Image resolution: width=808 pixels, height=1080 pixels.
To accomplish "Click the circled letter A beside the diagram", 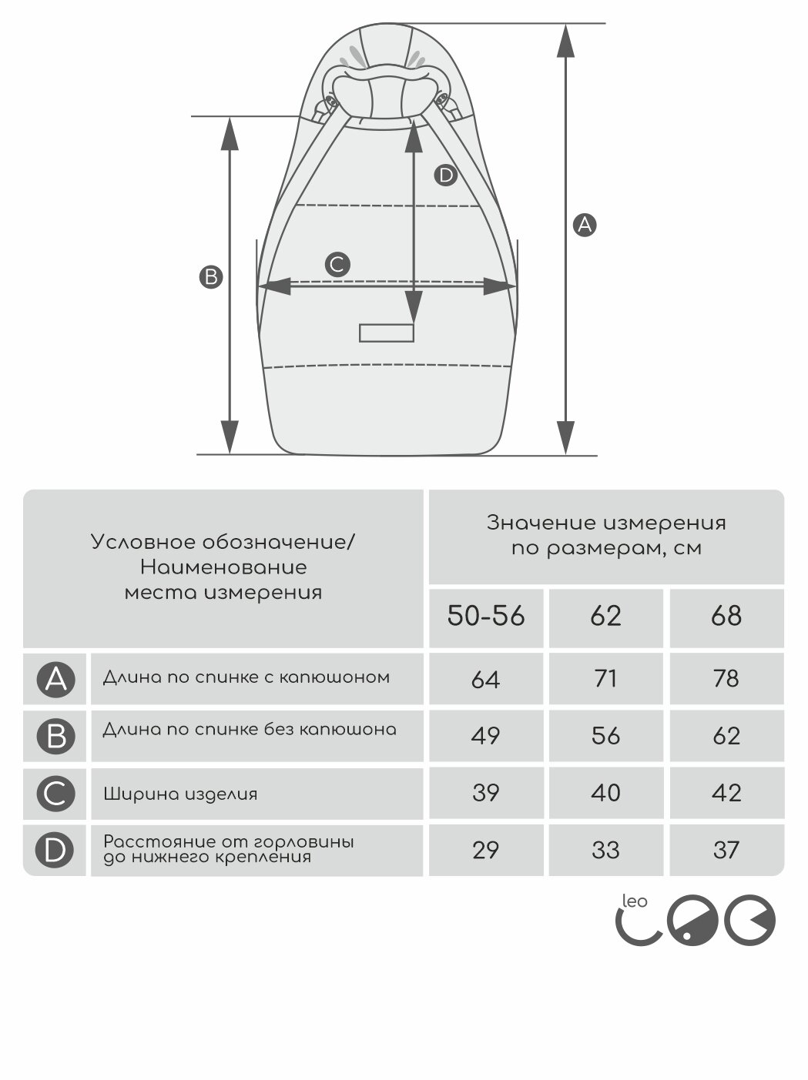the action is (585, 225).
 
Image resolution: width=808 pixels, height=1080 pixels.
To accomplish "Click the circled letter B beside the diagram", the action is (210, 277).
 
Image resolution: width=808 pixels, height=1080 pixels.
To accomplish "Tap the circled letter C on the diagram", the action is (337, 264).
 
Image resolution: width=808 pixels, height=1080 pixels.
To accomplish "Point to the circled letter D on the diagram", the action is (446, 176).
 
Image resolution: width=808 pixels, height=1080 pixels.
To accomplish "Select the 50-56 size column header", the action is (486, 617).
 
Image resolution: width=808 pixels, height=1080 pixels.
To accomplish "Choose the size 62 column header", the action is (605, 617).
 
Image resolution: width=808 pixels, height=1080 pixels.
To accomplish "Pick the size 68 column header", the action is (726, 617).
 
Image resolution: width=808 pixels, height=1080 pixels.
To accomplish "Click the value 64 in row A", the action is (486, 680).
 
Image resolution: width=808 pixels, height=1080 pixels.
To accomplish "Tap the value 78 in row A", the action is (726, 679).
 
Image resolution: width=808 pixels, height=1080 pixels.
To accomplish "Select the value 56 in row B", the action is (605, 736).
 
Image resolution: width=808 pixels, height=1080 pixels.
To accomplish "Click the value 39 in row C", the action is (486, 793).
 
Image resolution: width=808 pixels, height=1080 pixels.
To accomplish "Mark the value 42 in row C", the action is (726, 793).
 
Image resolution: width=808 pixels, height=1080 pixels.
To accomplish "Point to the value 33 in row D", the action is (605, 850).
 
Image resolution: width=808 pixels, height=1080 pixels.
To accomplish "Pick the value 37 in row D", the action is (726, 850).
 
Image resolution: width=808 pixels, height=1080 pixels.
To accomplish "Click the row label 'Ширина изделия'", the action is (180, 794).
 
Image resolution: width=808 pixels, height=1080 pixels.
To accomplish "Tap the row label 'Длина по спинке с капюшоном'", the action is (246, 678).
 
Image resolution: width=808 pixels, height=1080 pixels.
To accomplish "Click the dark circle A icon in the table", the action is (56, 680).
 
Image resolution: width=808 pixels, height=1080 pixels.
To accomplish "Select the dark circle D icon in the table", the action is (56, 850).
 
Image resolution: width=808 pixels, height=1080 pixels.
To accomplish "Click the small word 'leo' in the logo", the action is (635, 901).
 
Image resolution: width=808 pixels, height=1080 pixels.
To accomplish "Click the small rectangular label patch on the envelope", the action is (387, 333).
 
